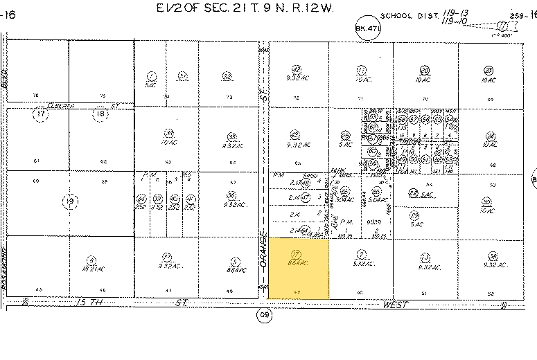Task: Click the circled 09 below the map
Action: point(264,316)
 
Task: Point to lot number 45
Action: point(39,289)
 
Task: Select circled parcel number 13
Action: point(425,255)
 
